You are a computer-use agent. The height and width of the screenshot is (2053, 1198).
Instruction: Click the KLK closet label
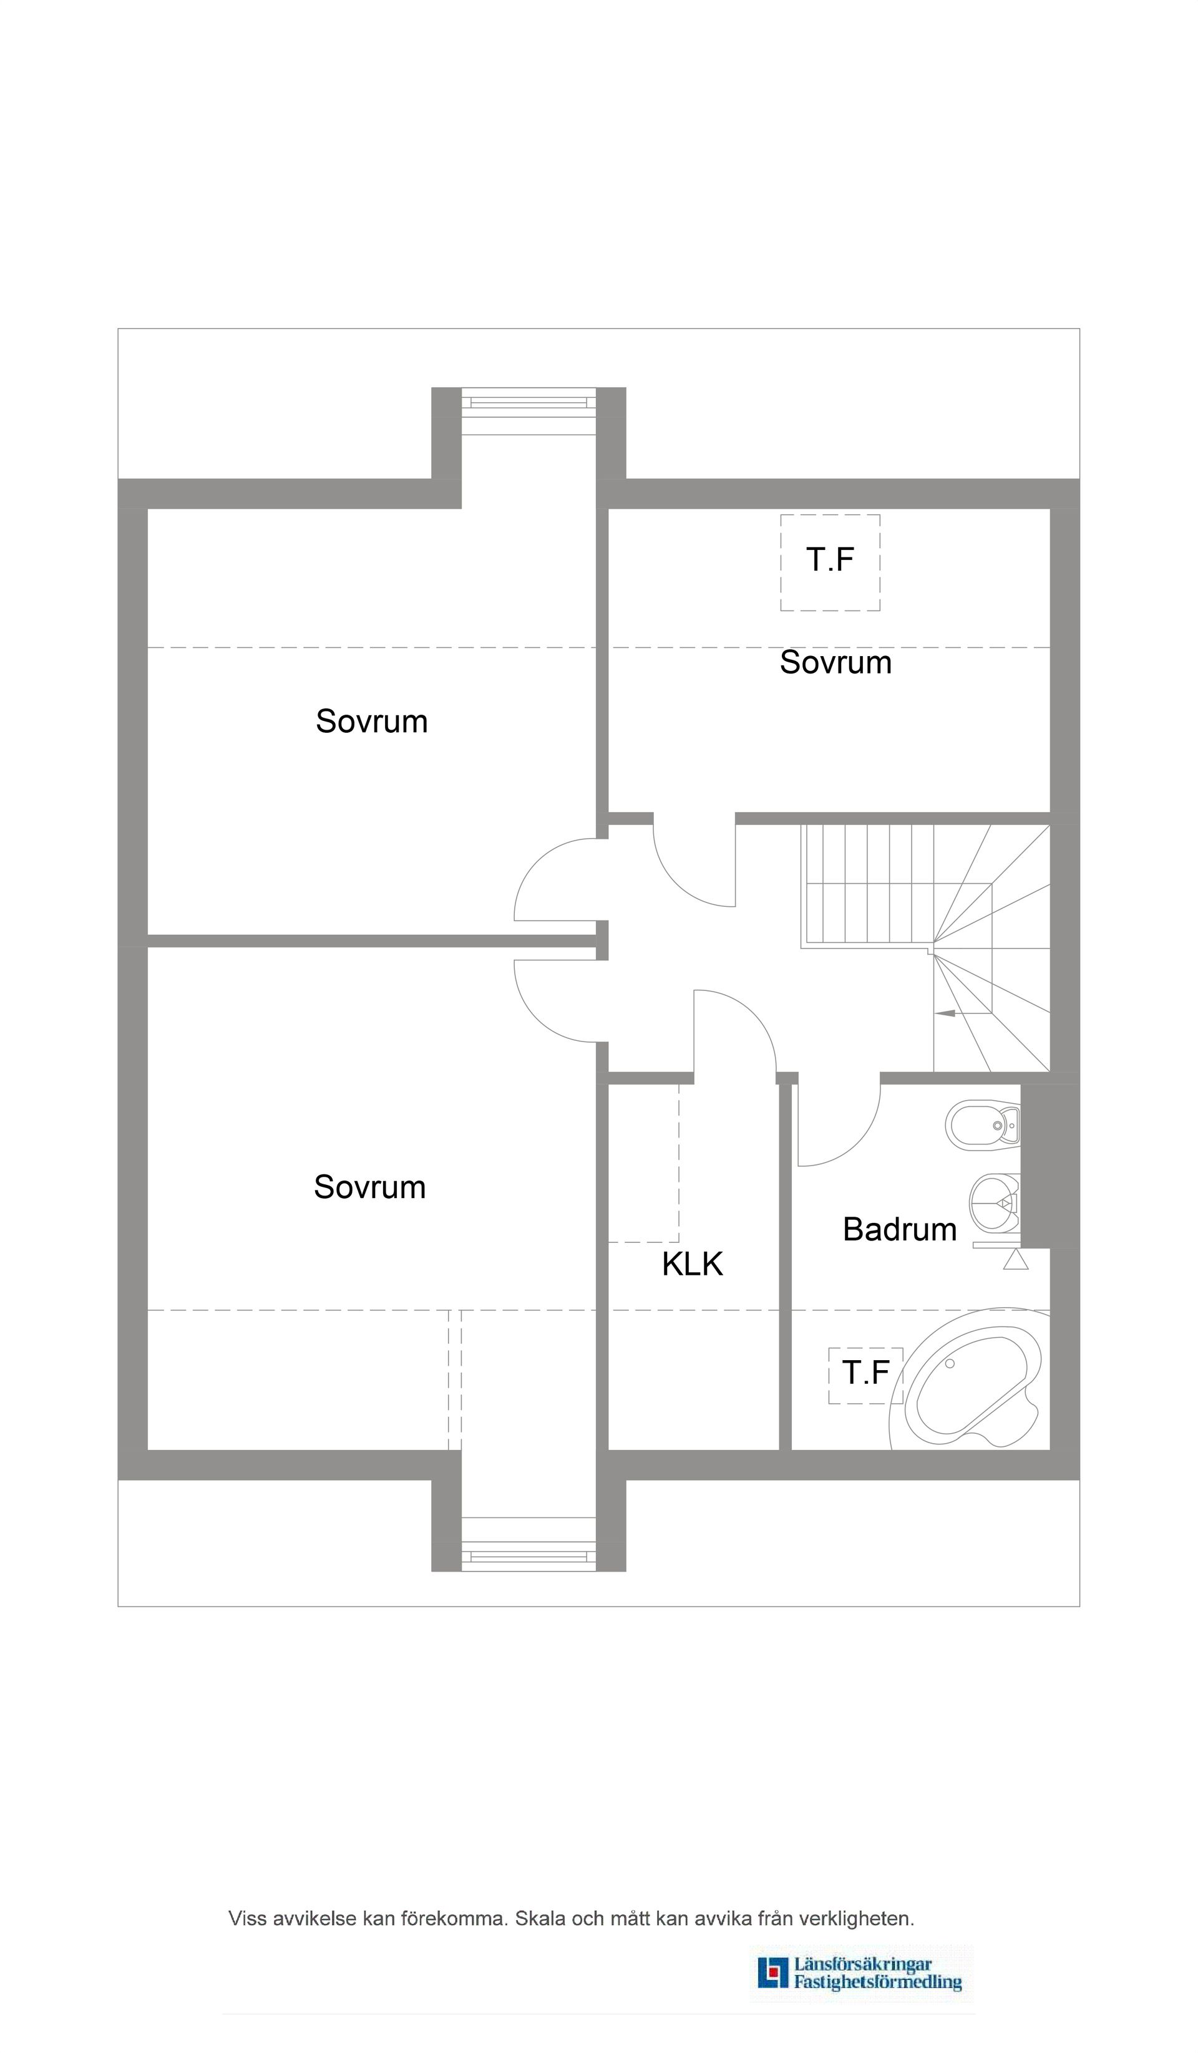pos(692,1263)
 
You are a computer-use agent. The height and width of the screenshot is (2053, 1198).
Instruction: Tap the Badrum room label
pos(899,1229)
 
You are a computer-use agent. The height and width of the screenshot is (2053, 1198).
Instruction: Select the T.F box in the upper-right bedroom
pos(830,561)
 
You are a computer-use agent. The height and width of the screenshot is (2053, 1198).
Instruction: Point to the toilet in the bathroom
pos(983,1125)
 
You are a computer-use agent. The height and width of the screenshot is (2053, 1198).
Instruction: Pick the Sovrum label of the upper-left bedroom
pos(372,721)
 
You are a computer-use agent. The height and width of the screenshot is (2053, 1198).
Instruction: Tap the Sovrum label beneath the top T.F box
pos(835,662)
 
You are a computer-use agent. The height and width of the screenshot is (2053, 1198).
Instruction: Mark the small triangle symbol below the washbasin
pos(1015,1260)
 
